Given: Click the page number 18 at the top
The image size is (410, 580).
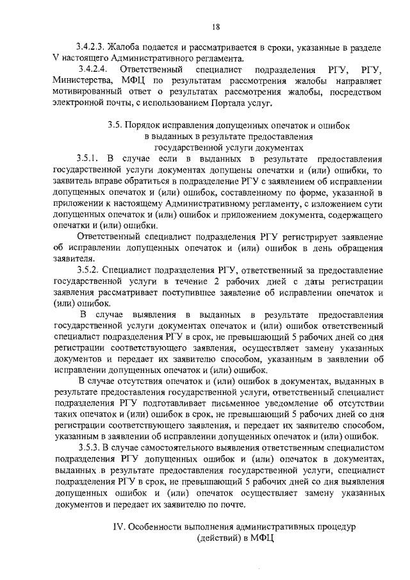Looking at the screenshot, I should click(216, 26).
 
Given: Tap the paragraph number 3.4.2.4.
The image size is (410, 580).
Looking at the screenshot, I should click(91, 69).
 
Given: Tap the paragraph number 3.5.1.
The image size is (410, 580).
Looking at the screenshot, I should click(86, 158).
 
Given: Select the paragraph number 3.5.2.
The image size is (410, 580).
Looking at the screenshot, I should click(86, 270).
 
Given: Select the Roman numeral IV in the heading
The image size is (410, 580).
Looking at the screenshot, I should click(117, 526).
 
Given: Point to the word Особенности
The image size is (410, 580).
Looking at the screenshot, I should click(158, 526).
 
